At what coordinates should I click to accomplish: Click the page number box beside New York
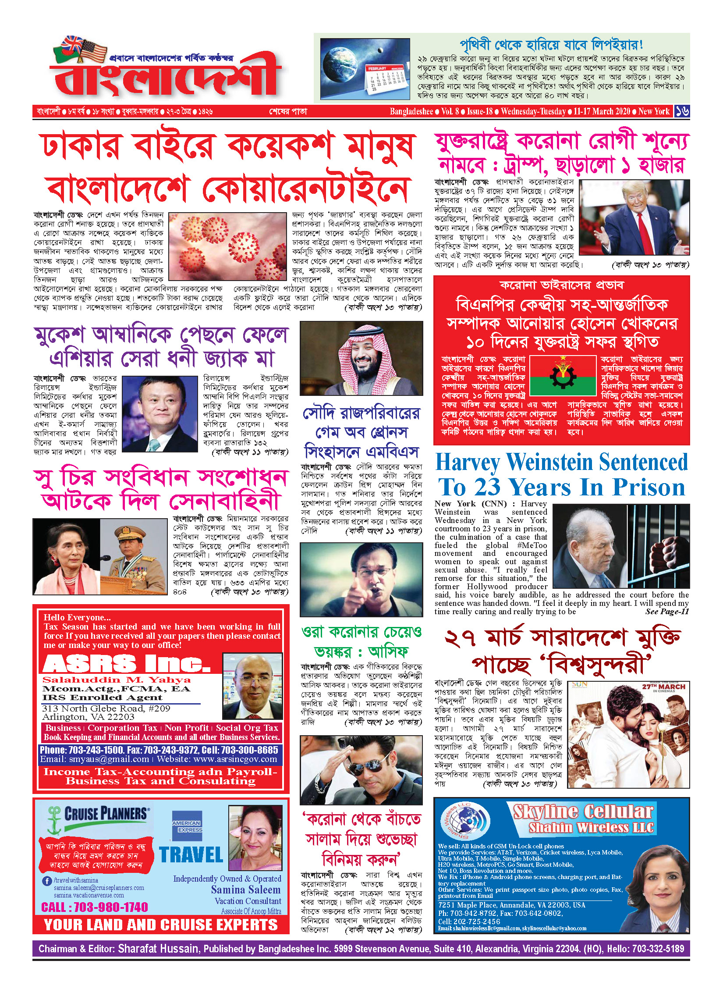click(x=682, y=111)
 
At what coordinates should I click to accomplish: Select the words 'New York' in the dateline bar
click(x=654, y=111)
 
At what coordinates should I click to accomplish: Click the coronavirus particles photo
click(x=228, y=246)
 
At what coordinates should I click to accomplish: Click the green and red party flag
click(x=563, y=375)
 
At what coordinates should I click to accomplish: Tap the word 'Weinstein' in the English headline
click(x=550, y=463)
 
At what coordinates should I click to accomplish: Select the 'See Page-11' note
click(x=666, y=612)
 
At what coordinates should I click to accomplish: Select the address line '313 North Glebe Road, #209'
click(x=106, y=708)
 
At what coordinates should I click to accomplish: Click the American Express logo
click(x=187, y=826)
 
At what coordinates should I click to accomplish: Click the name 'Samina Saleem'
click(x=245, y=890)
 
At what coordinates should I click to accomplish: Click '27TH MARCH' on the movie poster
click(x=663, y=687)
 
